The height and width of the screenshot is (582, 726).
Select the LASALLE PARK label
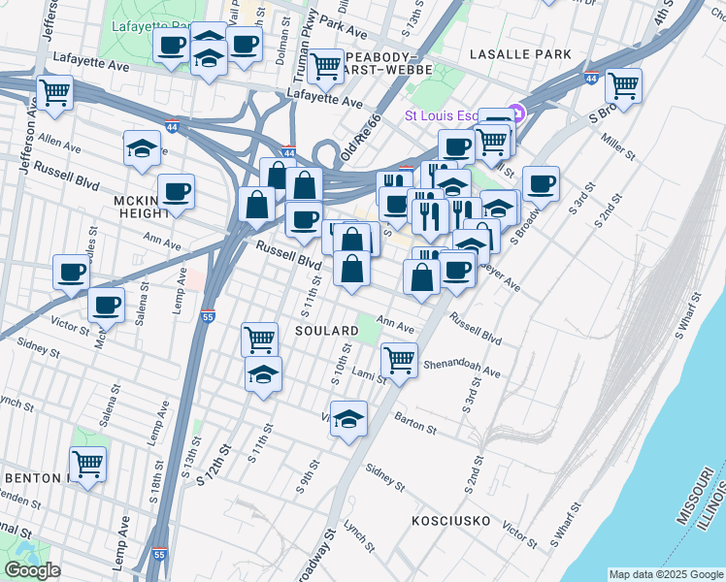tap(520, 54)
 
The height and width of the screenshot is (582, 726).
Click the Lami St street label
tap(369, 375)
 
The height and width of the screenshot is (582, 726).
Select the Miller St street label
tap(617, 148)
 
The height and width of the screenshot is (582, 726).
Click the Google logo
tap(32, 570)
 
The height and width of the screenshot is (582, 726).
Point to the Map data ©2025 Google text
tap(665, 574)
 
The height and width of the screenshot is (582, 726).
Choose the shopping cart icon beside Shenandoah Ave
tap(399, 361)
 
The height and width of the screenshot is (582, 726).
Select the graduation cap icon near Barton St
tap(348, 419)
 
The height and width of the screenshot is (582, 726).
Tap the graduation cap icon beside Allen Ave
tap(143, 149)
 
